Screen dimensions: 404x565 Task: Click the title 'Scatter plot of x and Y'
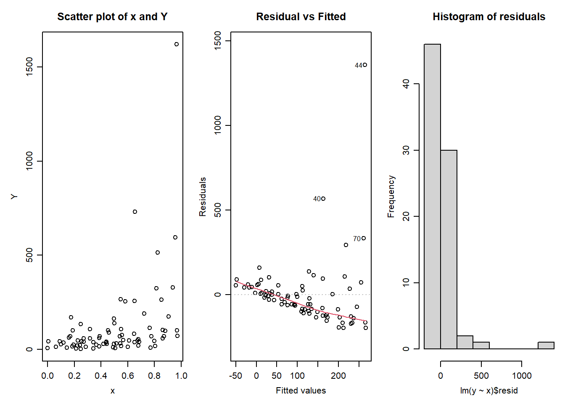112,17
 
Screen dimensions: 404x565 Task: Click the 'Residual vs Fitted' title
301,17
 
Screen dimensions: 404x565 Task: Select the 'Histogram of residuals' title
489,17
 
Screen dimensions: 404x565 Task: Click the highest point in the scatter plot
177,44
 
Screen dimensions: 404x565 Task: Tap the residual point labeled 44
365,65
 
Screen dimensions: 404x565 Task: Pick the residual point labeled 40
323,199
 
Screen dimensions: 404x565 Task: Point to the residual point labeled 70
364,238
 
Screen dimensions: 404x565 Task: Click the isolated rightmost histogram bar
546,346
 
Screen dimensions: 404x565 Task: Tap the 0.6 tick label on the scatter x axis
128,376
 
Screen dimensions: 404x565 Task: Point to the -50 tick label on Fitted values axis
236,376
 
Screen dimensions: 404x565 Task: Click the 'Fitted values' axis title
301,391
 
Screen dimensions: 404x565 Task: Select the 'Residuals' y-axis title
203,197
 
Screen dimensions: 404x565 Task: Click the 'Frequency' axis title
391,197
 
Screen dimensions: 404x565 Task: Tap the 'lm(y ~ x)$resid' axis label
489,391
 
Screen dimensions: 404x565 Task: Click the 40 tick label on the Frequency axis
406,84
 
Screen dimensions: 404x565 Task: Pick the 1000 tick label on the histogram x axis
522,376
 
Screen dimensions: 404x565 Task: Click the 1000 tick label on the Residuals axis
217,125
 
